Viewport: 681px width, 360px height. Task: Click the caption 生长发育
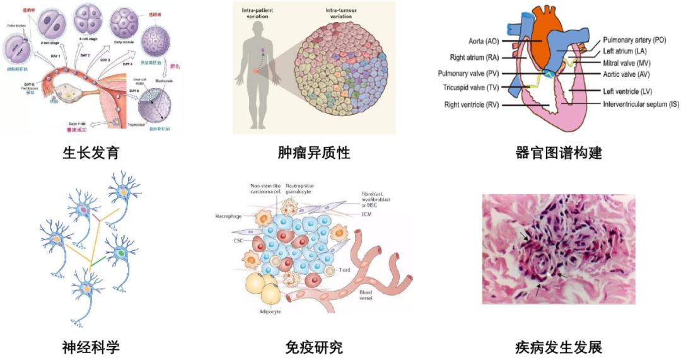[91, 153]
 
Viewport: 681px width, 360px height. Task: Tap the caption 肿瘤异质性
[313, 153]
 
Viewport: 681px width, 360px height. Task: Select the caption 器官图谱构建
[559, 153]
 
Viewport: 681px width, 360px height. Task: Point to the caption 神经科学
[91, 346]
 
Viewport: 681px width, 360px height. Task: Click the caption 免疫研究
[313, 346]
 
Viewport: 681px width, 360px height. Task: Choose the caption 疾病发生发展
[559, 346]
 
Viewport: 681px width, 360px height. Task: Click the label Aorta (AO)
[484, 41]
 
